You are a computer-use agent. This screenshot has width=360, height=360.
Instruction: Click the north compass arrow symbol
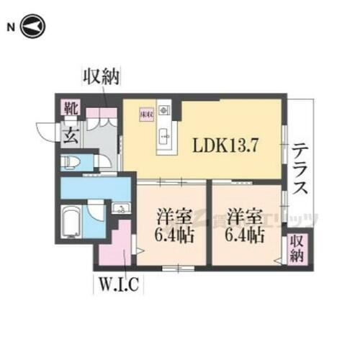pyautogui.click(x=33, y=27)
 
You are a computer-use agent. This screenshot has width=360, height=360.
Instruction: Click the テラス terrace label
pyautogui.click(x=301, y=171)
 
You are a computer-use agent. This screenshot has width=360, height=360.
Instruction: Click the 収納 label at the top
pyautogui.click(x=101, y=75)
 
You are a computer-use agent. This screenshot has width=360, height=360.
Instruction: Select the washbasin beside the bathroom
pyautogui.click(x=120, y=210)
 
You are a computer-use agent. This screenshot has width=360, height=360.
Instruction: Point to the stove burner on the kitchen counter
pyautogui.click(x=165, y=112)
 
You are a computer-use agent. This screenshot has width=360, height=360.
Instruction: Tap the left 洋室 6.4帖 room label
pyautogui.click(x=170, y=225)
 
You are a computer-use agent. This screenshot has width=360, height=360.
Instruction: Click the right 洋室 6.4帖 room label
pyautogui.click(x=242, y=225)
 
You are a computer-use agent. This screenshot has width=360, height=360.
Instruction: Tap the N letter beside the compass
pyautogui.click(x=11, y=27)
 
